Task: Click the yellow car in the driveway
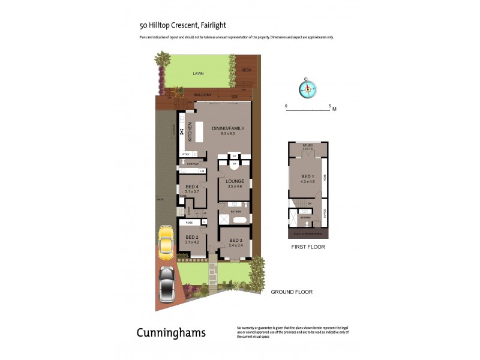[x=166, y=241]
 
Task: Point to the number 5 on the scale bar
[x=329, y=106]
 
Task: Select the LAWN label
[x=198, y=73]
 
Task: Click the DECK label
[x=245, y=70]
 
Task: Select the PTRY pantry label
[x=185, y=154]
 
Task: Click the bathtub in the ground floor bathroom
[x=235, y=221]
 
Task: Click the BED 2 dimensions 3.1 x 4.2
[x=191, y=242]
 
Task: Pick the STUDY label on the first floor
[x=308, y=145]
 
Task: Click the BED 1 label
[x=307, y=176]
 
